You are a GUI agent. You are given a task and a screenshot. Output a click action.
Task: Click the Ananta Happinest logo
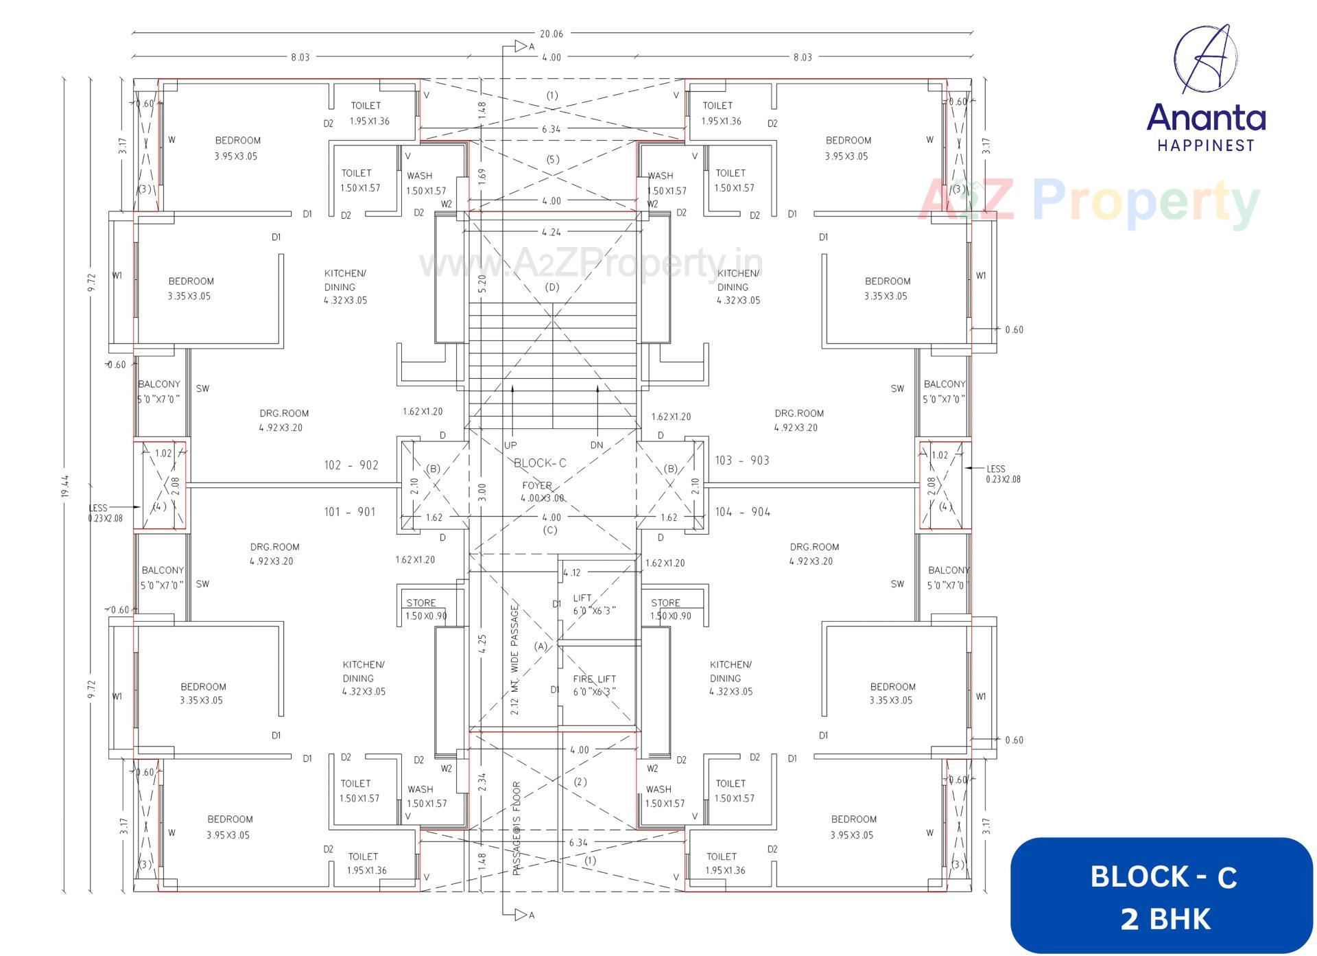(1205, 89)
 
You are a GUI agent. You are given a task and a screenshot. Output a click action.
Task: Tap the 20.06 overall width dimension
(551, 34)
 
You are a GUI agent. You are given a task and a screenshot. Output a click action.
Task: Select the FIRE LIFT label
(594, 679)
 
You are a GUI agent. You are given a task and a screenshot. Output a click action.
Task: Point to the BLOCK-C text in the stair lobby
(540, 463)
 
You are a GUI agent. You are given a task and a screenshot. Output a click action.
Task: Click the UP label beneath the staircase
(510, 445)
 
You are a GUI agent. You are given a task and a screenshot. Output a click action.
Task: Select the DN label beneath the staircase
(596, 445)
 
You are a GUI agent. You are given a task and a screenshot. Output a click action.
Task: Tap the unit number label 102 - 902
(351, 465)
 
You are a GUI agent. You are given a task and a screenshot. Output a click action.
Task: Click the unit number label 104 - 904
(742, 512)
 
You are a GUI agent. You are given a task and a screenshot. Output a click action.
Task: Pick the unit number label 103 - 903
(741, 460)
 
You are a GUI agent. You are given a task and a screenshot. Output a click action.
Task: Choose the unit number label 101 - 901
(349, 512)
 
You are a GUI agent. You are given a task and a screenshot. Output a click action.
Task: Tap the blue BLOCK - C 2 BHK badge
(1163, 896)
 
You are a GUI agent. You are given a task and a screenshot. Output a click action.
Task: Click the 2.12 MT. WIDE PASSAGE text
(515, 659)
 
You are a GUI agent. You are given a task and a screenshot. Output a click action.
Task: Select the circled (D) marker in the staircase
(551, 287)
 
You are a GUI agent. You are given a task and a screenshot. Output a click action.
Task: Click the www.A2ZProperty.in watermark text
(590, 264)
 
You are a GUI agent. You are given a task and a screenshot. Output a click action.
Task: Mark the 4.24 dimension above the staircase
(551, 232)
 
